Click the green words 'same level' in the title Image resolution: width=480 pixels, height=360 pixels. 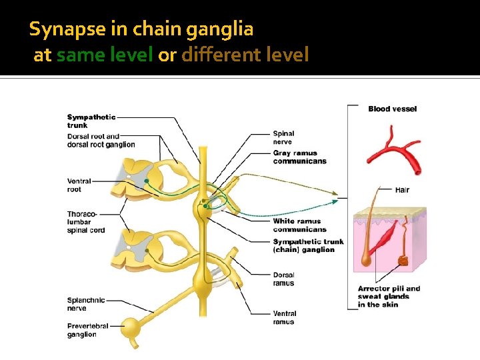click(105, 55)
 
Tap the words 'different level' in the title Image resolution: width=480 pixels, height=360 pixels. click(245, 55)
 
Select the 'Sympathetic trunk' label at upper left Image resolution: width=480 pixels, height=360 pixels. click(91, 121)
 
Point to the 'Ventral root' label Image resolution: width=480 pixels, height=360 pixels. click(79, 185)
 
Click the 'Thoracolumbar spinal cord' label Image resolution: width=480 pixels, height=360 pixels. click(86, 222)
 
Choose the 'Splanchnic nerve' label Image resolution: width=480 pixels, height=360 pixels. click(86, 304)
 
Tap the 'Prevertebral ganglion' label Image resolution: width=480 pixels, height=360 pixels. click(91, 330)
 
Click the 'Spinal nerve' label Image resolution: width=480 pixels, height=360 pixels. click(283, 137)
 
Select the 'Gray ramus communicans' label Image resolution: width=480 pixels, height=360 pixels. click(299, 157)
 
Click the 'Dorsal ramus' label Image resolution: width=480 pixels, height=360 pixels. click(283, 279)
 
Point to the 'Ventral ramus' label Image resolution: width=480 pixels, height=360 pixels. click(285, 317)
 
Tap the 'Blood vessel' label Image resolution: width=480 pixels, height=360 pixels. click(392, 109)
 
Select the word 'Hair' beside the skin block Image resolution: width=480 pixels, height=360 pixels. click(401, 190)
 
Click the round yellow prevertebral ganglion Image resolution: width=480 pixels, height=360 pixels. click(132, 327)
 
